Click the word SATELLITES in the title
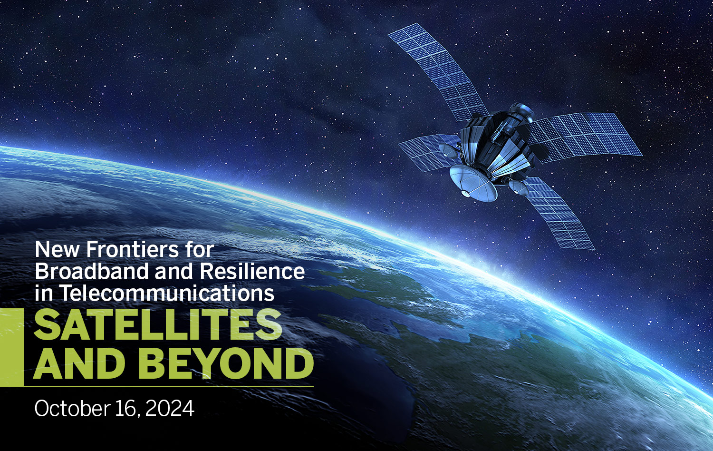[x=158, y=325]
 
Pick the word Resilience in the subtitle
[x=252, y=271]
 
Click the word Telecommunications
[x=167, y=293]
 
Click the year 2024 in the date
[x=170, y=409]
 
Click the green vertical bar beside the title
[x=11, y=347]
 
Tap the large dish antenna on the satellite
[x=472, y=183]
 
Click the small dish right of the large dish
[x=518, y=188]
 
